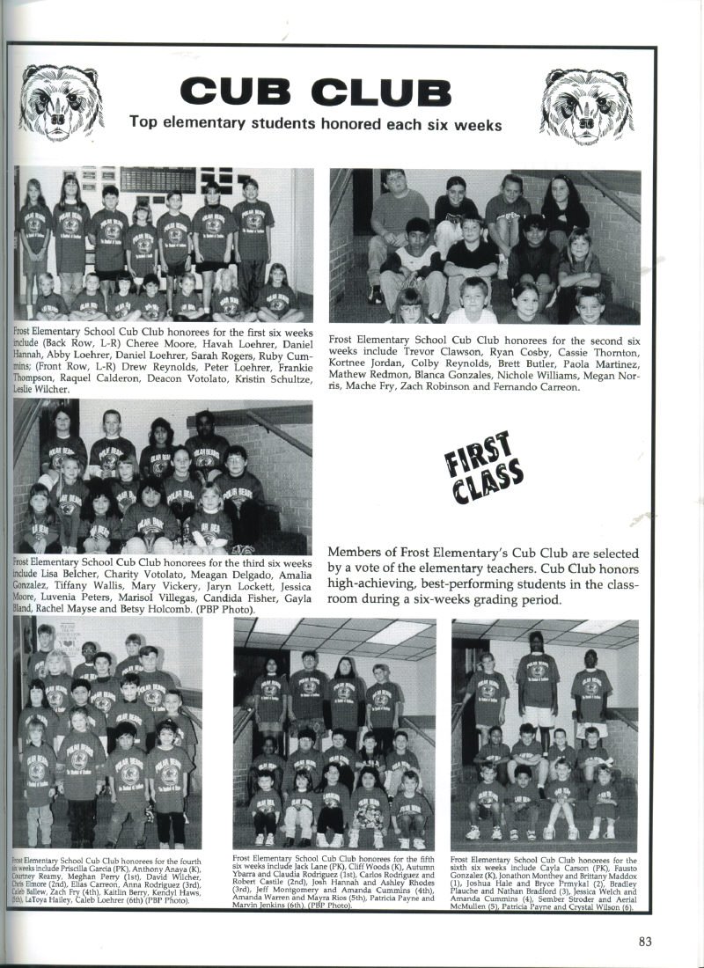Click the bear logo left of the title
[62, 103]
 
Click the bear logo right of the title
[587, 106]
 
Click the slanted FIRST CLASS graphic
[487, 467]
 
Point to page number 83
[645, 942]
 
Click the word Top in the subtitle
[143, 122]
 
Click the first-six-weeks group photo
[164, 245]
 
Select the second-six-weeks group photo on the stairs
[485, 246]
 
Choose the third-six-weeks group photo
[164, 477]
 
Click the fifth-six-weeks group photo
[334, 733]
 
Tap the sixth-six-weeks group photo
[545, 733]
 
